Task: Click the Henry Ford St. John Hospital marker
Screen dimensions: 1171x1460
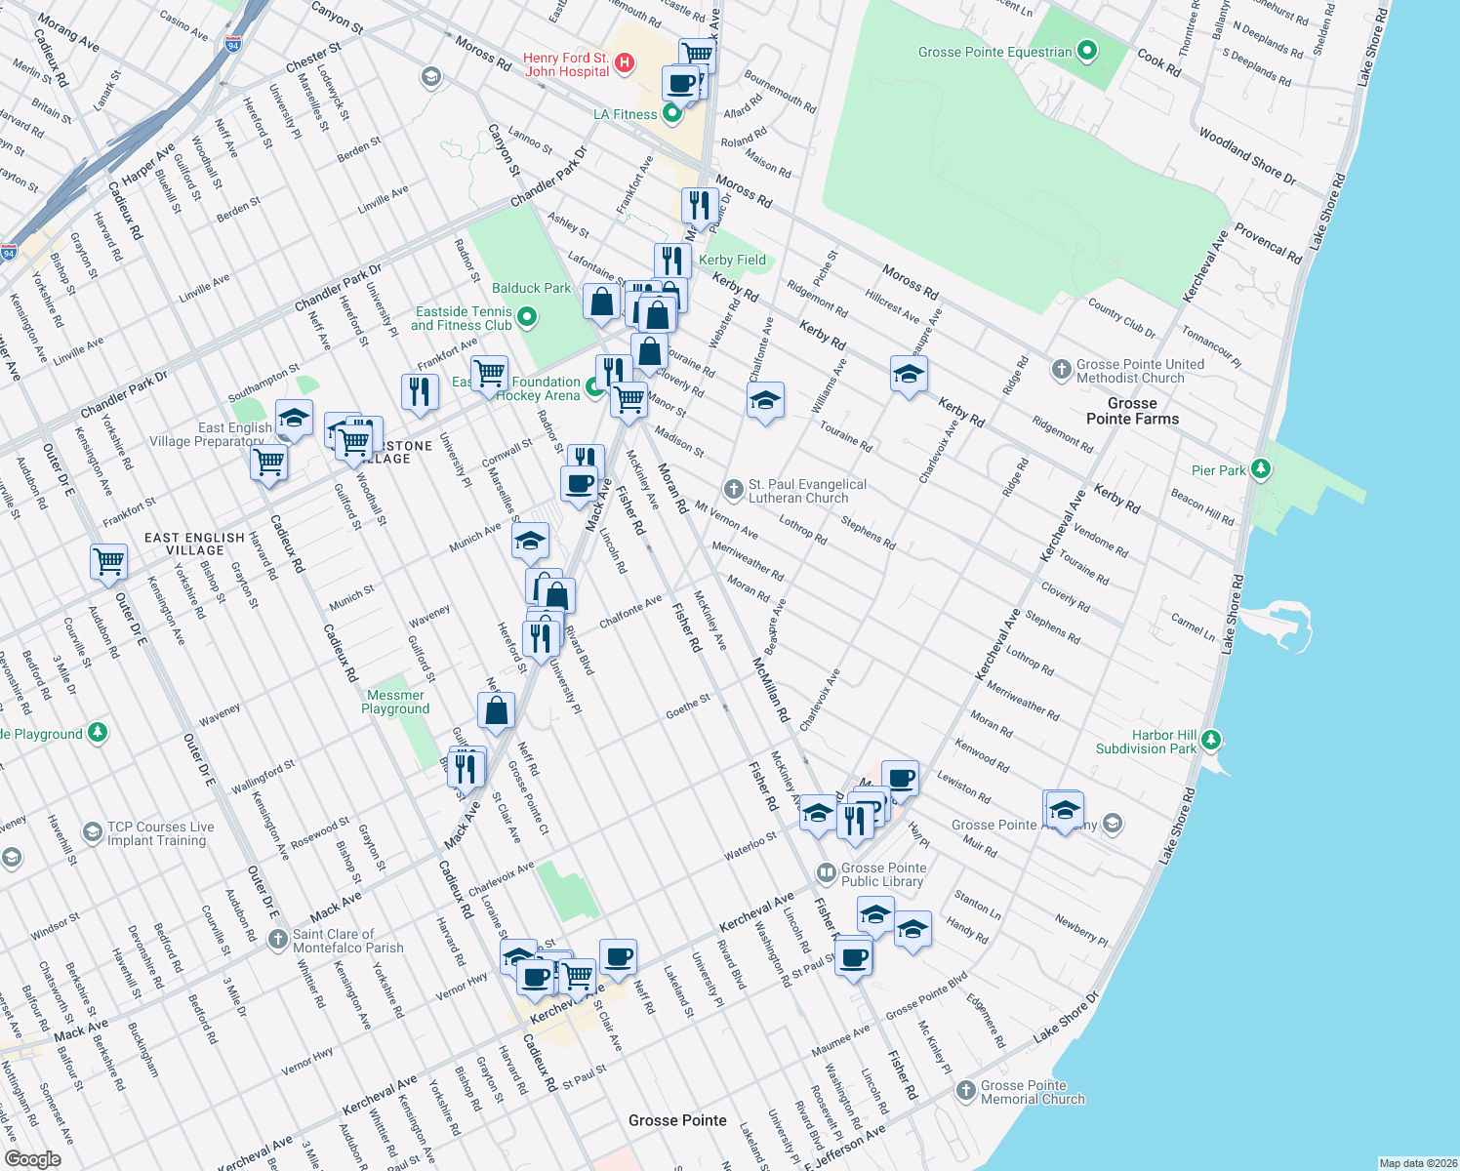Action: tap(625, 63)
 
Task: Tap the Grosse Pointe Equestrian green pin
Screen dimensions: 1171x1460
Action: tap(1087, 51)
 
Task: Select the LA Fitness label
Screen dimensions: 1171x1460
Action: tap(626, 114)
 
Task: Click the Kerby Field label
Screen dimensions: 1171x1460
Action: tap(732, 260)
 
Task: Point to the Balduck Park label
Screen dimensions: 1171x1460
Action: tap(531, 288)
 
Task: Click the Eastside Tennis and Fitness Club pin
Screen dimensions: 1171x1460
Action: tap(527, 316)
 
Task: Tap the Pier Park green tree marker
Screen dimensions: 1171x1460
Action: tap(1260, 469)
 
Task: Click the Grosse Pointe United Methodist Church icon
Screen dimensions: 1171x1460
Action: tap(1062, 370)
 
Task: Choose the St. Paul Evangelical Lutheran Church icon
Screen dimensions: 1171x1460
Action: tap(734, 489)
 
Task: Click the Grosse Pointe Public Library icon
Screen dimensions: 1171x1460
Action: tap(826, 871)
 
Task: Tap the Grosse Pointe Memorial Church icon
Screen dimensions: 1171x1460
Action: tap(966, 1091)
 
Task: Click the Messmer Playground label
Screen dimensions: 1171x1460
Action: tap(395, 702)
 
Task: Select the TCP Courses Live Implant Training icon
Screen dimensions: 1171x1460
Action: tap(92, 832)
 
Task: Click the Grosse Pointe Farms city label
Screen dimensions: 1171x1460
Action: tap(1132, 411)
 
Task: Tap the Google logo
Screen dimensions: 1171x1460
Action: tap(32, 1158)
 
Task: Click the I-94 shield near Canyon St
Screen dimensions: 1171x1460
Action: tap(232, 44)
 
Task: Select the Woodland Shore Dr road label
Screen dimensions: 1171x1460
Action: tap(1246, 157)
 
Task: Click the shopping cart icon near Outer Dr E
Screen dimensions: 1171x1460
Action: tap(108, 561)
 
